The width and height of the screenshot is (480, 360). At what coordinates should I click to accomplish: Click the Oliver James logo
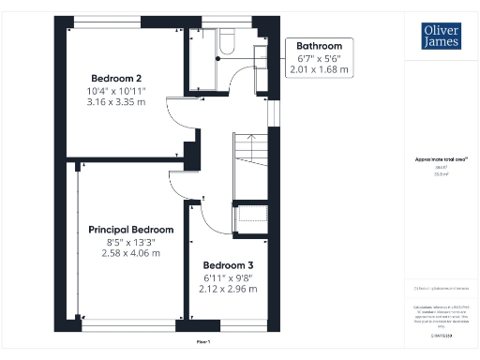click(441, 37)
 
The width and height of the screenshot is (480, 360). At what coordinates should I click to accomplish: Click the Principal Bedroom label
click(130, 230)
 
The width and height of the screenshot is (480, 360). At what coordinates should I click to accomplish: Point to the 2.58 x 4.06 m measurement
click(130, 254)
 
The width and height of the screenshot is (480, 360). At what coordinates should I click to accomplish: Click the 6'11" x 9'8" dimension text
click(228, 277)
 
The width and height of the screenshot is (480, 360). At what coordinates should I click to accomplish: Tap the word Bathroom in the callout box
click(319, 46)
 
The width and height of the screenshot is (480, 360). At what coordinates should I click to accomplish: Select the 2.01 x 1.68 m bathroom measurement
click(319, 69)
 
